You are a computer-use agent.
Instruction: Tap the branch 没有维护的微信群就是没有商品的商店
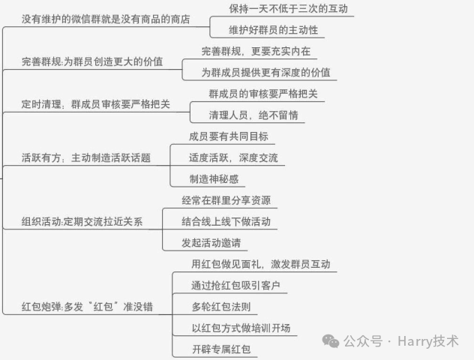[x=105, y=18]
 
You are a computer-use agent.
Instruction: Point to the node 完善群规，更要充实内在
[x=256, y=52]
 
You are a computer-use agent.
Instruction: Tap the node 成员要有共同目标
[x=228, y=136]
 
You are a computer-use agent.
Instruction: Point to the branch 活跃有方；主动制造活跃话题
[x=85, y=158]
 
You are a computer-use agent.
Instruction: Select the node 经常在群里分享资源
[x=226, y=200]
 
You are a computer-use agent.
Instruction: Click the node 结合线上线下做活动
[x=226, y=222]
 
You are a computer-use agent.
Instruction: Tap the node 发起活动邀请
[x=214, y=243]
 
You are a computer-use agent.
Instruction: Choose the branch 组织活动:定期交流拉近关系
[x=82, y=222]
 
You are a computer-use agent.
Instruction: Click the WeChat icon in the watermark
[x=331, y=341]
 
